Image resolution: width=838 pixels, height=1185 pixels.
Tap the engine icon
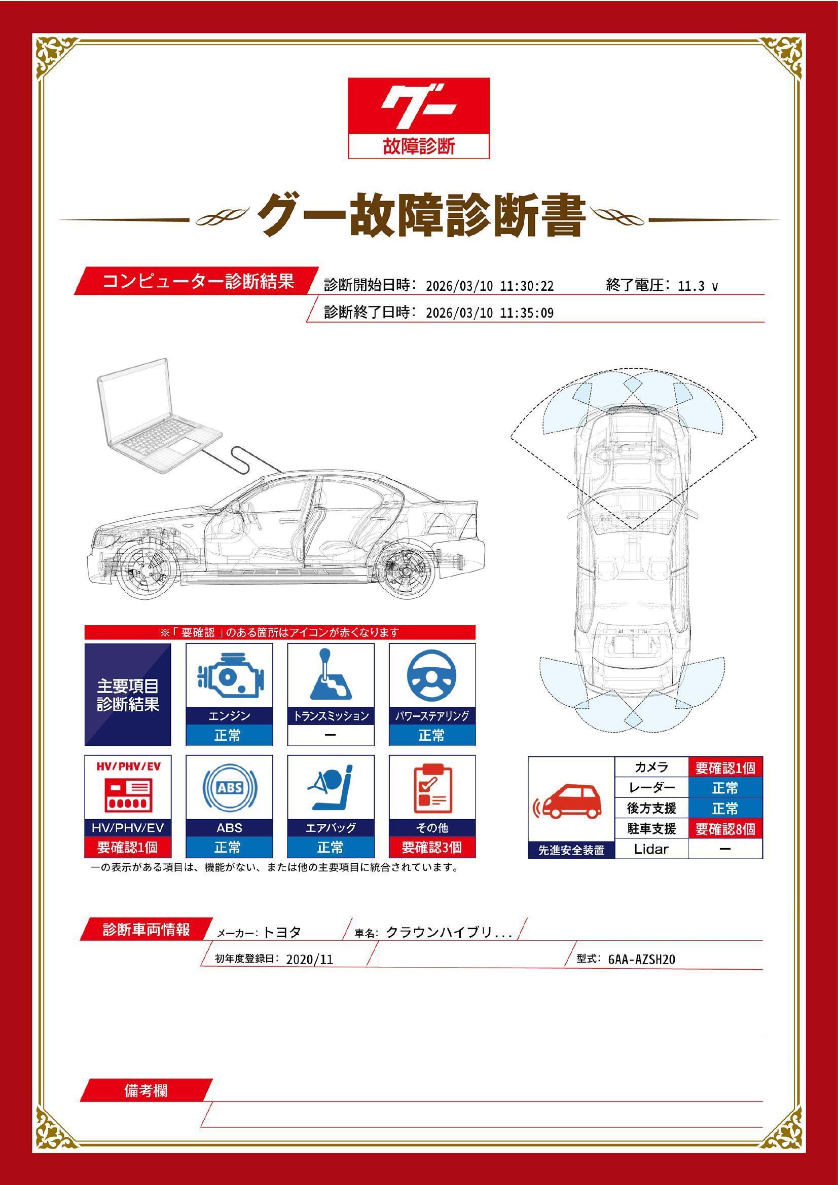(229, 676)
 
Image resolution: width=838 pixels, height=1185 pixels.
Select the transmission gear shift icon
(331, 676)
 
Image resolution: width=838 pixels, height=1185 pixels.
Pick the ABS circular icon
(229, 788)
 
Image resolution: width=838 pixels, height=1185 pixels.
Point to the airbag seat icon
(331, 788)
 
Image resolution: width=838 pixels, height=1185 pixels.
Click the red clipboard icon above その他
(431, 788)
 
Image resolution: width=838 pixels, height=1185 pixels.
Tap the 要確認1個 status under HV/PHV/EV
(128, 847)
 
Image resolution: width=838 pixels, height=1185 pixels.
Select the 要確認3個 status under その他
(431, 847)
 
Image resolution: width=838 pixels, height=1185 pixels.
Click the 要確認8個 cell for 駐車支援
(725, 829)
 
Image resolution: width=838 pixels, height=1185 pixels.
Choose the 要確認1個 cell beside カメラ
(725, 768)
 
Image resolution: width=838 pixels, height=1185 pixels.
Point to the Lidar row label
(651, 849)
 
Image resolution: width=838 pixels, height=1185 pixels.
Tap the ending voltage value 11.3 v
(697, 286)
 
